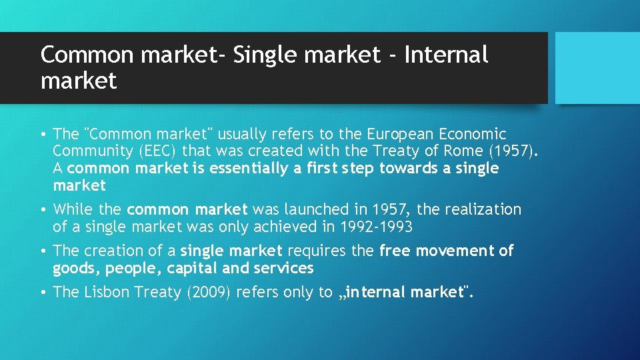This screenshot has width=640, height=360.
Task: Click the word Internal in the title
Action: coord(446,55)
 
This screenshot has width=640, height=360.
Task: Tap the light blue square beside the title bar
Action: coord(597,68)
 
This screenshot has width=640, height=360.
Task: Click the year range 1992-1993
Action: coord(376,227)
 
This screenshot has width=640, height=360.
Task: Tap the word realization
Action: coord(483,209)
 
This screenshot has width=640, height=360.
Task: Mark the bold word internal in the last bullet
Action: coord(377,292)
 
